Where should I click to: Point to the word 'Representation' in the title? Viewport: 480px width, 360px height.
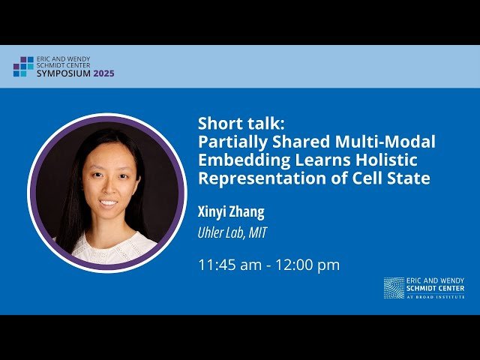click(x=253, y=178)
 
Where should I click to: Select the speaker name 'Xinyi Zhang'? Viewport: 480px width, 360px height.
click(x=232, y=211)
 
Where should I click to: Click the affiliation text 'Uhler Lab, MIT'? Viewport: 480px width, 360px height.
click(x=232, y=233)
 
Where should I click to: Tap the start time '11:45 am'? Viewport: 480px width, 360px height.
click(x=226, y=265)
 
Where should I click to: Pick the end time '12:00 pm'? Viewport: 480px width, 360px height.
click(x=310, y=265)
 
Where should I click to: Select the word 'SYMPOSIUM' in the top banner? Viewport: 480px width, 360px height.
click(x=63, y=73)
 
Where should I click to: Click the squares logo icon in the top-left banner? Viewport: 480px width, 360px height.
click(x=23, y=67)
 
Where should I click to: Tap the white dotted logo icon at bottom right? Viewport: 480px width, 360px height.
click(x=394, y=288)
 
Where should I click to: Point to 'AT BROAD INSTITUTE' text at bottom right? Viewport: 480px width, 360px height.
click(x=435, y=297)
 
